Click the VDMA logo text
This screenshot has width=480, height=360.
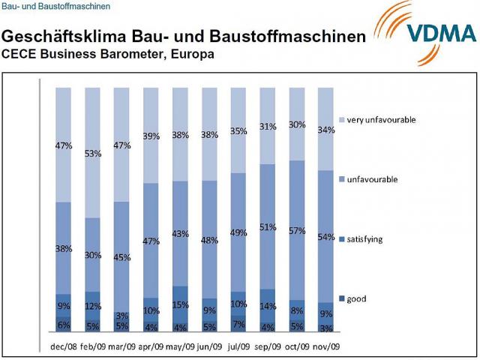point(441,34)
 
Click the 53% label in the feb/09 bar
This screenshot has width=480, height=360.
point(93,154)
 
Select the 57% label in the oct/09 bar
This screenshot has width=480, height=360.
point(298,231)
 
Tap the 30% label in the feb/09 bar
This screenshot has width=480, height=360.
point(93,255)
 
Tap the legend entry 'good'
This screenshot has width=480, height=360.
point(356,298)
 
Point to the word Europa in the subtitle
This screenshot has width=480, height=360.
point(193,54)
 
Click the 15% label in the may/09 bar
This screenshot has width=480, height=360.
point(181,304)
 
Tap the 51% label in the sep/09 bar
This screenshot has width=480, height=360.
point(268,226)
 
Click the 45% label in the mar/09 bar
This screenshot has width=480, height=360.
point(122,258)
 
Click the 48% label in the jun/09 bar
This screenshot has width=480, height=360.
point(210,241)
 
